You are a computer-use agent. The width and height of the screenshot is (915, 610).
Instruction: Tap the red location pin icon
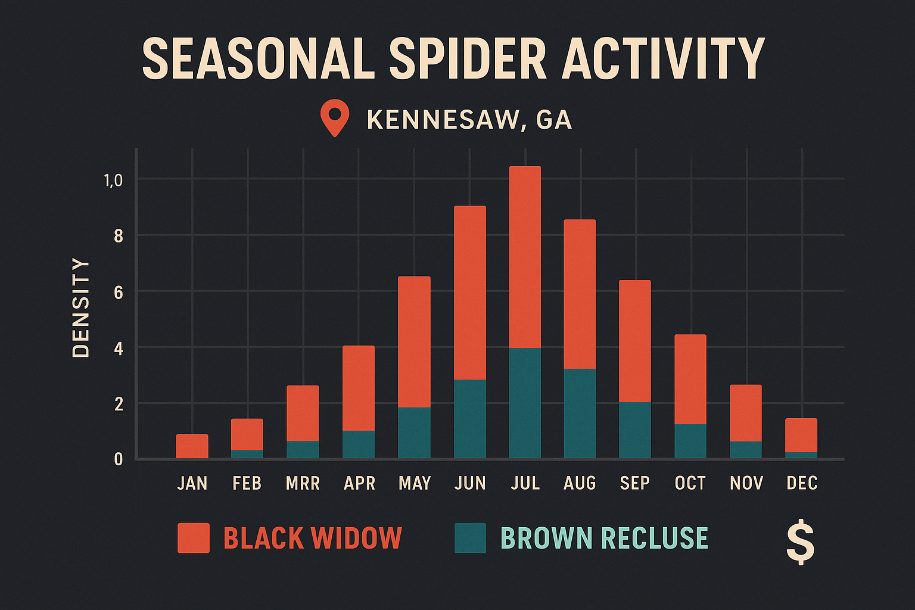(334, 116)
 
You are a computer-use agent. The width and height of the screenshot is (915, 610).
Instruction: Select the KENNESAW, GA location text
(469, 120)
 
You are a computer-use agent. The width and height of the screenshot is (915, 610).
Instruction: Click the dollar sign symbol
(800, 541)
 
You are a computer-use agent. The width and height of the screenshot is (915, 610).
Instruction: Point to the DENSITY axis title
(80, 307)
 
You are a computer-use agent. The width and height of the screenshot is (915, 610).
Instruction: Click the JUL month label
(525, 483)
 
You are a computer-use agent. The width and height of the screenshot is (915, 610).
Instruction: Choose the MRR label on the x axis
(303, 483)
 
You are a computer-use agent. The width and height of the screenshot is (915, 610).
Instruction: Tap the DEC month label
(802, 483)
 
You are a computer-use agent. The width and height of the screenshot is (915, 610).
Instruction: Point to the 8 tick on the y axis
(119, 236)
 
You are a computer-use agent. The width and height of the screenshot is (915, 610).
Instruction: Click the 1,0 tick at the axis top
(113, 180)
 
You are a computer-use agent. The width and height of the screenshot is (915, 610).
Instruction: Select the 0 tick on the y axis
(119, 459)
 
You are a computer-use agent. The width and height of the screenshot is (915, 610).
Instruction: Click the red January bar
(192, 446)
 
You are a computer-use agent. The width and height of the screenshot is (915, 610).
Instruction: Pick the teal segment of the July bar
(525, 403)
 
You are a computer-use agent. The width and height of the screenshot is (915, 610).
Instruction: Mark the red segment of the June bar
(470, 292)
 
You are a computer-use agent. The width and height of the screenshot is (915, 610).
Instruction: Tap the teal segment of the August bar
(580, 413)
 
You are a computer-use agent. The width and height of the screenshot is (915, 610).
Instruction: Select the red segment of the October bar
(690, 379)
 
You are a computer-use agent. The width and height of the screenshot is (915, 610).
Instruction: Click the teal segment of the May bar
(414, 432)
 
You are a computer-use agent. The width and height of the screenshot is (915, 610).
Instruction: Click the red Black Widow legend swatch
(193, 538)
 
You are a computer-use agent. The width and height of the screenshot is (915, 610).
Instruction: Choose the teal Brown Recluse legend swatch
(470, 538)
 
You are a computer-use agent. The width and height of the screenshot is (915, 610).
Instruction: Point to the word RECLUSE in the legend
(655, 538)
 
